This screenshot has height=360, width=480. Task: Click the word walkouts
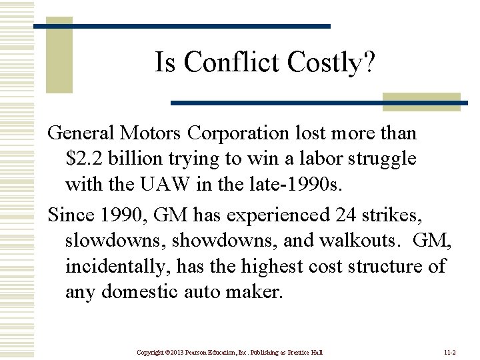click(357, 240)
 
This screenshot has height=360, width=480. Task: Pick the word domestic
click(158, 291)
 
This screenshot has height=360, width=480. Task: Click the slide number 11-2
click(449, 352)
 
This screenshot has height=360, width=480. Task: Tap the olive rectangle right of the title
click(421, 101)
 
